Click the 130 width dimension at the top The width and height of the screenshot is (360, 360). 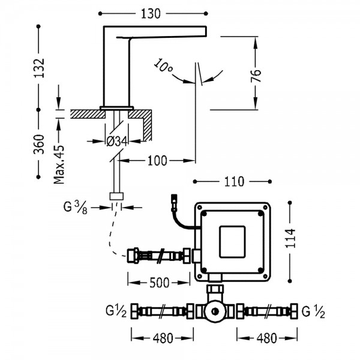[x=151, y=14]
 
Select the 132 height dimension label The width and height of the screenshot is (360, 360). [x=39, y=68]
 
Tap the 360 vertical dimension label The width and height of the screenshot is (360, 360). [x=39, y=144]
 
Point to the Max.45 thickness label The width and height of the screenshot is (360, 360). [x=59, y=164]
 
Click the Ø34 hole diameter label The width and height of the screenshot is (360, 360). [x=117, y=142]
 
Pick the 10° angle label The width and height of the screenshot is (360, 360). [x=163, y=65]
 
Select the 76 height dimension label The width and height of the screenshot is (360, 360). [x=256, y=76]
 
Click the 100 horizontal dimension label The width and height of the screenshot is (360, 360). [x=157, y=161]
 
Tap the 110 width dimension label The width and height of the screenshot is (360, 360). [x=234, y=182]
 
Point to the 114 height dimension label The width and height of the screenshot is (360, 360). [x=290, y=238]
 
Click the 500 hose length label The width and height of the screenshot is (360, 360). [x=160, y=283]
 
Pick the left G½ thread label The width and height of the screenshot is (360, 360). [x=116, y=311]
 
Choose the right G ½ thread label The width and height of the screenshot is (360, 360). [x=313, y=312]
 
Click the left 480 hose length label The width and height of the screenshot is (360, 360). [x=163, y=338]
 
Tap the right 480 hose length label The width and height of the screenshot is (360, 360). [x=267, y=338]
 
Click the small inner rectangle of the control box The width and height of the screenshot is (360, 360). [x=232, y=242]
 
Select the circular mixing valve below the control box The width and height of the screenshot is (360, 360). [x=215, y=311]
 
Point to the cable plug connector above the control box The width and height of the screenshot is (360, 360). [x=175, y=203]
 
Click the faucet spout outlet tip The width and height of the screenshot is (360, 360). [x=206, y=31]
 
